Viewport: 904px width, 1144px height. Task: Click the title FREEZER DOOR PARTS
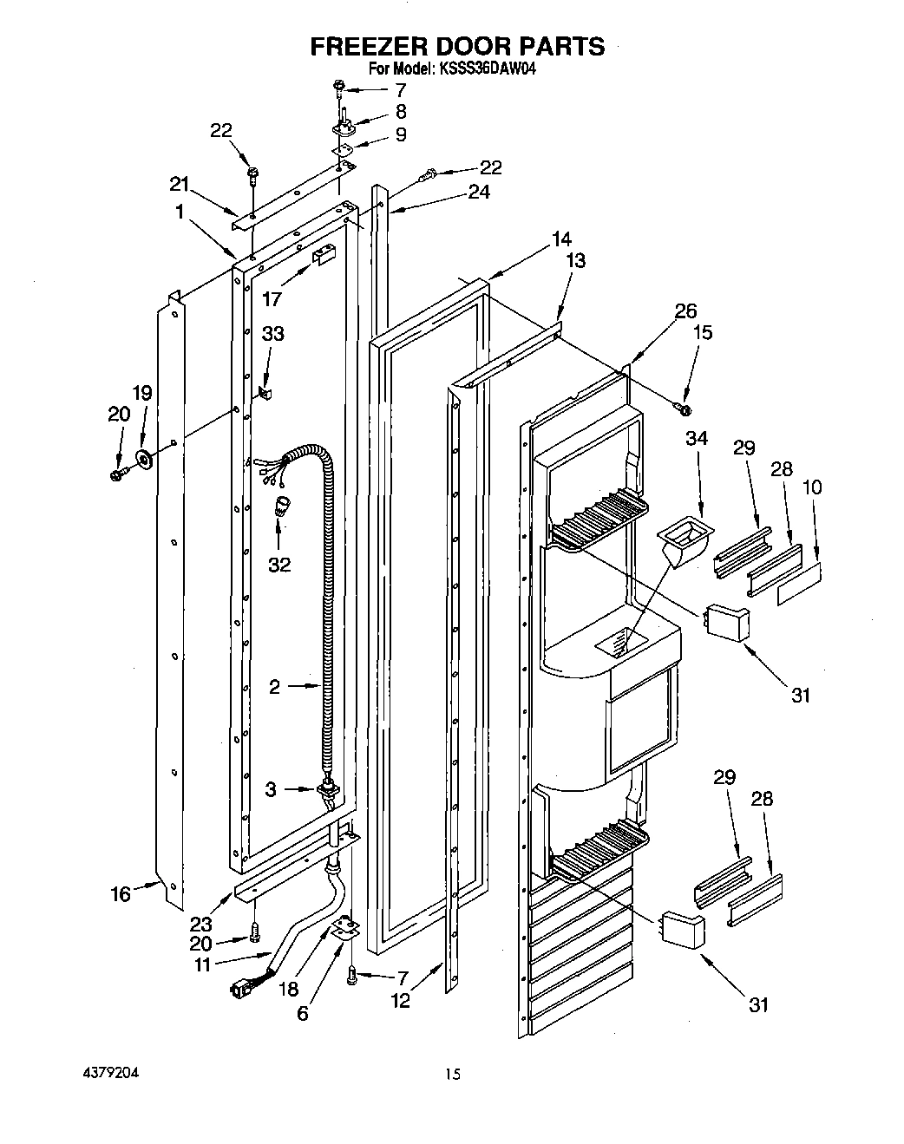[458, 47]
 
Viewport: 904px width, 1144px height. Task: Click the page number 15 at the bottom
[452, 1075]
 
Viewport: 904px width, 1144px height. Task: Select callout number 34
[696, 439]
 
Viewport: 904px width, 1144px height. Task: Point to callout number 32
[279, 565]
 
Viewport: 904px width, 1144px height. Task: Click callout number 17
[272, 298]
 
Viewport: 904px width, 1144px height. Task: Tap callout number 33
[273, 333]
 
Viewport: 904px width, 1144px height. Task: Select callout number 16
[121, 893]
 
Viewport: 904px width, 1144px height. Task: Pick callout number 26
[685, 311]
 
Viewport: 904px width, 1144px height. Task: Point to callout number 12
[400, 1000]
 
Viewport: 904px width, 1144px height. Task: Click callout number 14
[561, 238]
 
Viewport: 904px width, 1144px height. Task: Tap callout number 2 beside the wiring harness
[274, 687]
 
